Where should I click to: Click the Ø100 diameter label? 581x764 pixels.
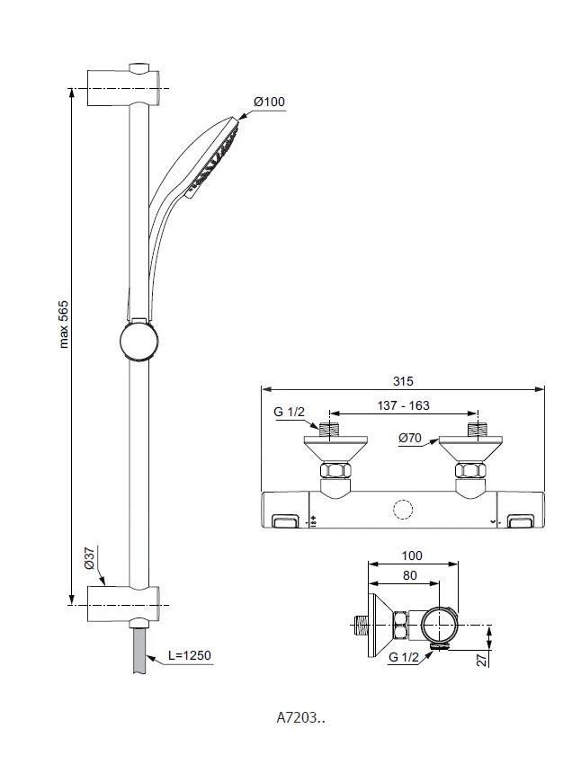pos(270,102)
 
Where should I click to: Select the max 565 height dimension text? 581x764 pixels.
pos(64,324)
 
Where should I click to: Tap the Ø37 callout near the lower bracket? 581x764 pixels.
pos(90,561)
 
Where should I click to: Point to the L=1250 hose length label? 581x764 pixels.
pos(189,655)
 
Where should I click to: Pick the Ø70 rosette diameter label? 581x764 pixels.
pos(410,438)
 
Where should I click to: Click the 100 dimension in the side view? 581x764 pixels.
pos(413,556)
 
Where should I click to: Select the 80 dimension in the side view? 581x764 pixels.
pos(409,574)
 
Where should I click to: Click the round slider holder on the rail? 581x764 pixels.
pos(139,342)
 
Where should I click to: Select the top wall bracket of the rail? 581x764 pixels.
pos(126,88)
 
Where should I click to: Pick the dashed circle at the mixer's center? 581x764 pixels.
pos(402,511)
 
